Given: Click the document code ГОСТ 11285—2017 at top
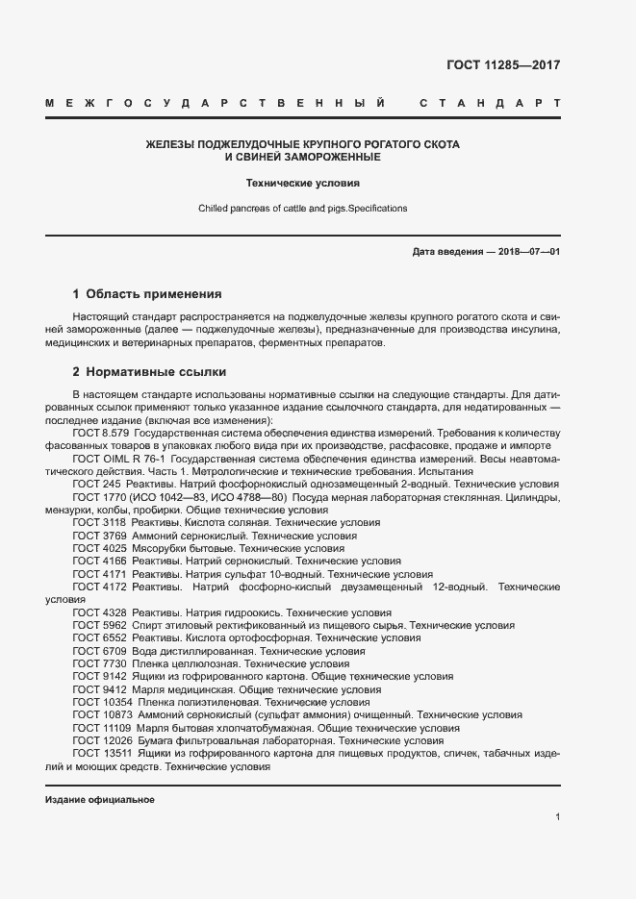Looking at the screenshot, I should coord(503,66).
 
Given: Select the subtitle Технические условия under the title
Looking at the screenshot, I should coord(302,181).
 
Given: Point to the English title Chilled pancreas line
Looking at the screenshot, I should coord(302,208).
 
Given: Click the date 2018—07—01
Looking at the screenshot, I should coord(526,251).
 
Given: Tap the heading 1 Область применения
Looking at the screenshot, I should coord(147,293).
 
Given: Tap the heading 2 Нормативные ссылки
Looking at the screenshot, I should coord(149,371).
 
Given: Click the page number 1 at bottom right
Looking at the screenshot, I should coord(557,817).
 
